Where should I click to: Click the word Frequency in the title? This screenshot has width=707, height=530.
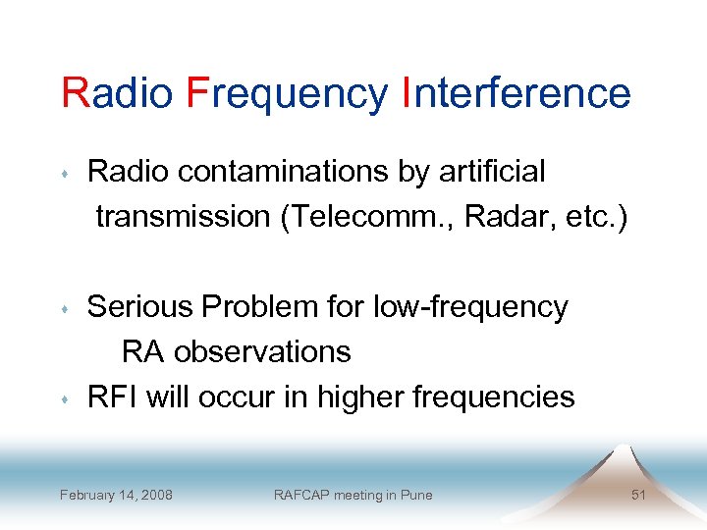[287, 94]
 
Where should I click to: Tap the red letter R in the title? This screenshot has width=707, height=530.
[74, 93]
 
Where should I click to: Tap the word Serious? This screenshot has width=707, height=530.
[140, 307]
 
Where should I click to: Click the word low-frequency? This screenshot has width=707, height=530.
[470, 307]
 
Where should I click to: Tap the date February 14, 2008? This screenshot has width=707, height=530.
[116, 495]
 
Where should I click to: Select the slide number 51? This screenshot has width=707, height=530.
[638, 495]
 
